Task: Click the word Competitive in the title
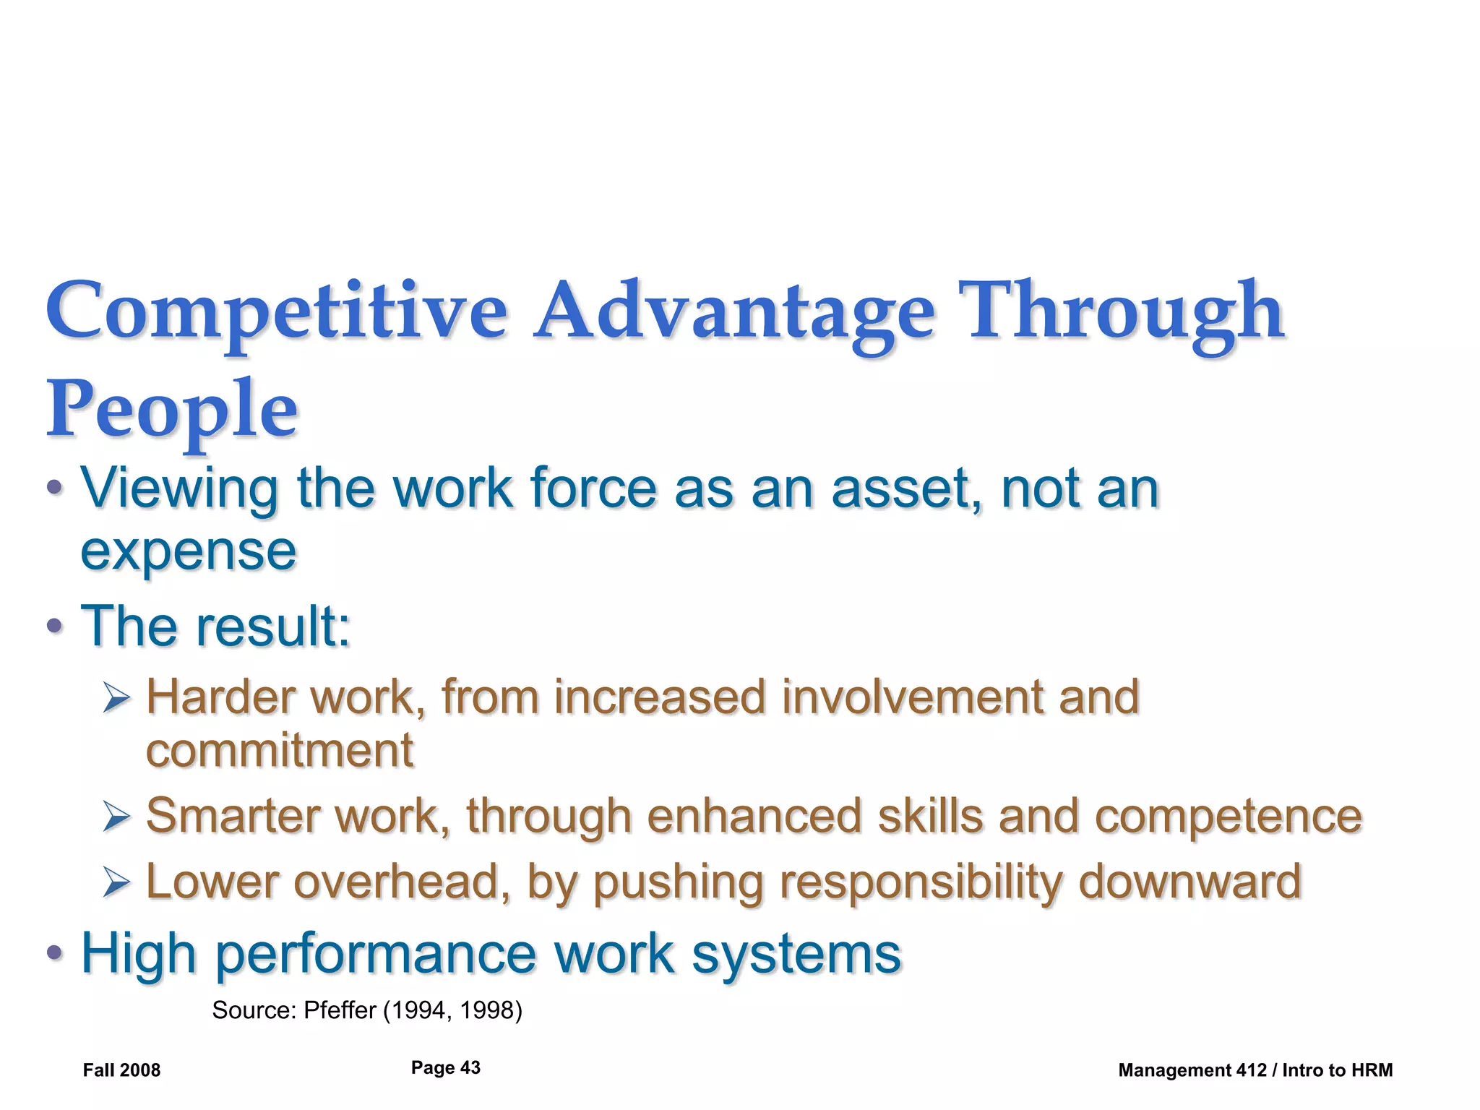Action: pyautogui.click(x=277, y=312)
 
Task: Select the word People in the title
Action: pyautogui.click(x=172, y=410)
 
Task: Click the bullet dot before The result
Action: pyautogui.click(x=54, y=626)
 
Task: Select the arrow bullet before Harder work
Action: pyautogui.click(x=116, y=698)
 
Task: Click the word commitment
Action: pyautogui.click(x=280, y=750)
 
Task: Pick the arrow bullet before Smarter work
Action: pyautogui.click(x=116, y=817)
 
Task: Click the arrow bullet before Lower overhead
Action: pyautogui.click(x=116, y=882)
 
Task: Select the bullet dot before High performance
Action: pyautogui.click(x=54, y=953)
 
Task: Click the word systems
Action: pyautogui.click(x=796, y=955)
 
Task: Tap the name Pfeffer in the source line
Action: pyautogui.click(x=340, y=1010)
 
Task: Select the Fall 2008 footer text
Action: pyautogui.click(x=121, y=1070)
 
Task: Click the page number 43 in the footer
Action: pyautogui.click(x=470, y=1068)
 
